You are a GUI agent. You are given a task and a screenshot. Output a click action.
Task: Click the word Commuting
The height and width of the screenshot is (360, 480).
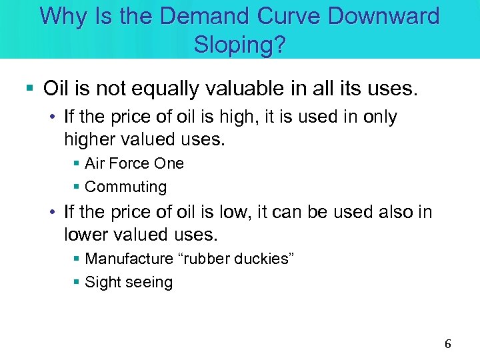coord(126,187)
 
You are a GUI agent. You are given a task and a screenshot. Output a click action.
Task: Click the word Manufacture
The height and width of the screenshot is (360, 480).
coord(128,259)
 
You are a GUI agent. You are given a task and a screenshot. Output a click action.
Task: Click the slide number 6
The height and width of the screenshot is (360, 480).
coord(448,344)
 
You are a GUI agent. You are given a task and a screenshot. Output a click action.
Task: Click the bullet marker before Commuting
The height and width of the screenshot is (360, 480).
coord(77,187)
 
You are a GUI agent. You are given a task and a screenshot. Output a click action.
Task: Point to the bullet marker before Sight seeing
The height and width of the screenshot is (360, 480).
coord(77,283)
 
